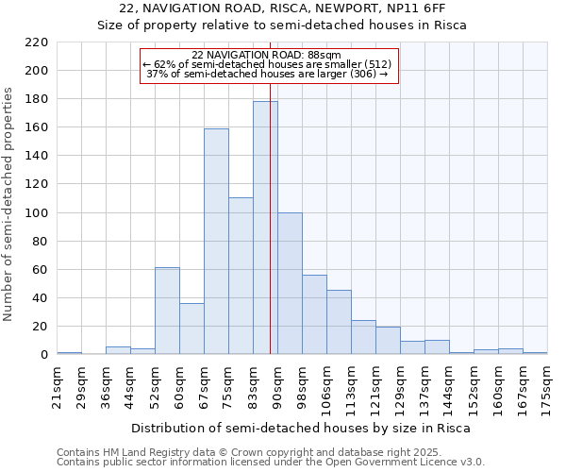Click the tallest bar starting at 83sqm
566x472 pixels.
(x=265, y=228)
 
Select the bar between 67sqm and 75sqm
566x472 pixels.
(x=216, y=241)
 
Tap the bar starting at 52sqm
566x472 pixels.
(x=167, y=311)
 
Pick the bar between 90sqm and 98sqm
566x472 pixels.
(x=290, y=283)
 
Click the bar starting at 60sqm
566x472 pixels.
(x=191, y=329)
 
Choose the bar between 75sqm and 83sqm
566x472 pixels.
(x=241, y=276)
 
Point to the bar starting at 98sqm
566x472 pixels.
(x=314, y=314)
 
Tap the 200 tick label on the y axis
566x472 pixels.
(x=37, y=71)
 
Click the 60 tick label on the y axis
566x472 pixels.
(x=40, y=270)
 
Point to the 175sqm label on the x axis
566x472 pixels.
(x=548, y=387)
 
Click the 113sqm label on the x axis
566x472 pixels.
(x=352, y=387)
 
